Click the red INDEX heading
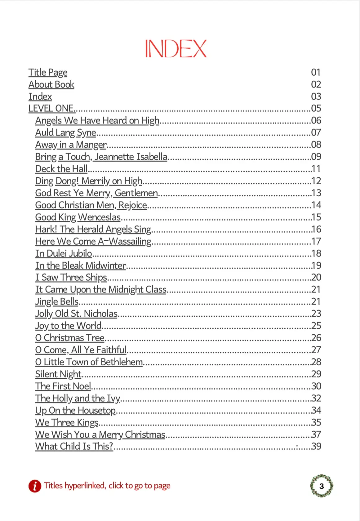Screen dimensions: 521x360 pos(176,49)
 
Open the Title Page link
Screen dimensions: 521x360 pos(48,73)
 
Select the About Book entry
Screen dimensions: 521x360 pos(51,85)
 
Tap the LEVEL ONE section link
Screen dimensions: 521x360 pos(51,109)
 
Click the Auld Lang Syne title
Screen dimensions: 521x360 pos(65,133)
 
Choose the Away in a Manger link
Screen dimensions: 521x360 pos(71,145)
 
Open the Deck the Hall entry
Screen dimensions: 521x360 pos(61,169)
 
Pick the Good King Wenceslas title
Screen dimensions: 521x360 pos(78,217)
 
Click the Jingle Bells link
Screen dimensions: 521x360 pos(57,302)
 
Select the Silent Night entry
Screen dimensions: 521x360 pos(58,374)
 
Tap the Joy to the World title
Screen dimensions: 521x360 pos(68,326)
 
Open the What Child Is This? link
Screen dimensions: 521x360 pos(74,447)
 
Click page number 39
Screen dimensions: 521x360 pos(316,447)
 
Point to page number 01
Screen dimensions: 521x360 pos(316,73)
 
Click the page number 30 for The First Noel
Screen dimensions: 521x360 pos(316,386)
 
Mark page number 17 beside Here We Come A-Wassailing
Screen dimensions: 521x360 pos(316,242)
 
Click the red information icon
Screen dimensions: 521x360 pos(35,486)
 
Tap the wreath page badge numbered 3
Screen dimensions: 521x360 pos(322,486)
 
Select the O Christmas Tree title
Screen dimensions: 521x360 pos(70,338)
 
